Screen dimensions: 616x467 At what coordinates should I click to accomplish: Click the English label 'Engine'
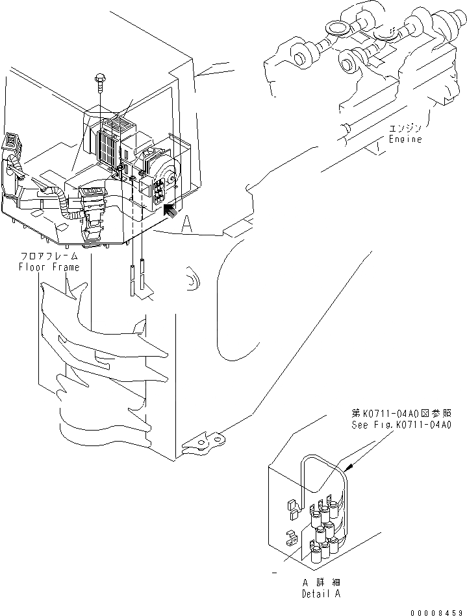point(405,139)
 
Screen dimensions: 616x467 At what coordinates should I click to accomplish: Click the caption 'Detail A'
point(320,593)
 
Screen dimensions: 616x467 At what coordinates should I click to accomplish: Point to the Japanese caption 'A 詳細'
point(320,582)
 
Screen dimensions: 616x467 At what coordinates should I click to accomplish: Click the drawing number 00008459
point(438,611)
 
